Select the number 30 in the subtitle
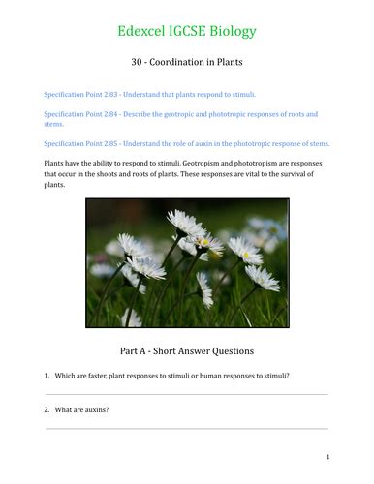(x=135, y=62)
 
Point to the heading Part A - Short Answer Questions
(x=187, y=349)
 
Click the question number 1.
(x=47, y=375)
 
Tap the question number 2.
(x=47, y=409)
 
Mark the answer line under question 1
(x=187, y=393)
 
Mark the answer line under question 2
(x=187, y=428)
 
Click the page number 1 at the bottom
(x=327, y=457)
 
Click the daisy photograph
(x=186, y=262)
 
